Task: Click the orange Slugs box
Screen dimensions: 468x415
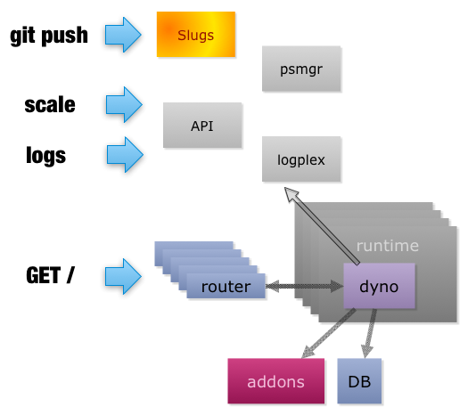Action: pos(196,34)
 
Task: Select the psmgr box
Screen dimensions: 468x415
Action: pos(301,69)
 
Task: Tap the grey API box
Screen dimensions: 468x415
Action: pos(202,126)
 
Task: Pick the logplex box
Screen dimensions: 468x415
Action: pos(301,159)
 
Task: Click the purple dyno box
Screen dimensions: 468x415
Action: pos(379,286)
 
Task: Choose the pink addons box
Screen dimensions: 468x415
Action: pos(275,381)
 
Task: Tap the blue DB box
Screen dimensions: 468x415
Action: pos(359,381)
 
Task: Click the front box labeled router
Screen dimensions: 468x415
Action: pos(226,286)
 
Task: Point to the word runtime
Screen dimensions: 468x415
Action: pos(388,246)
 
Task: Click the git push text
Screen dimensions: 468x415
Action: pos(49,36)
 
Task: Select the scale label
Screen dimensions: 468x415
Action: pos(50,105)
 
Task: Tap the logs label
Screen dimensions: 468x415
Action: pos(46,155)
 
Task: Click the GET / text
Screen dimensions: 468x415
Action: pos(50,274)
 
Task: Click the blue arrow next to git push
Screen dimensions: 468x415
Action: pos(123,35)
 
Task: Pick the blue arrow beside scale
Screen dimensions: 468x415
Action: pos(124,105)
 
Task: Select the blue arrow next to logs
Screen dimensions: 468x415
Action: pos(125,155)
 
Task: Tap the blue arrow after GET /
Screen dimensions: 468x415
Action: pos(123,276)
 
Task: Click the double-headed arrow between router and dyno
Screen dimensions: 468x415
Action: pos(305,286)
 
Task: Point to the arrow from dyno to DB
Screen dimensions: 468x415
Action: pos(369,333)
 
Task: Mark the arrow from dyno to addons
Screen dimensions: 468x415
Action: pos(328,333)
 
